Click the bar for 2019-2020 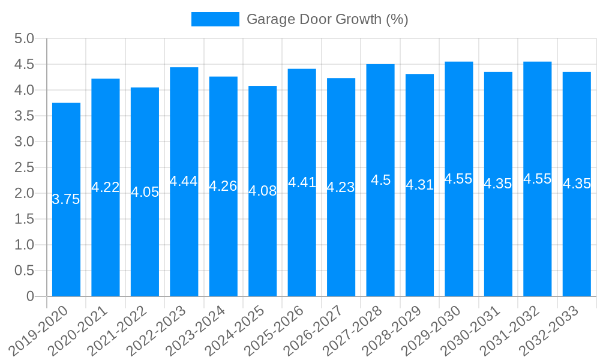tap(66, 240)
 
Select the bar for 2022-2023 tap(184, 240)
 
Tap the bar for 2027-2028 tap(380, 240)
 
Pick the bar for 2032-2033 tap(577, 240)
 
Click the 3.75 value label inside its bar tap(66, 200)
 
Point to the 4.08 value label tap(263, 191)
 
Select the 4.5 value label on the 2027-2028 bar tap(380, 180)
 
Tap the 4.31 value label tap(420, 185)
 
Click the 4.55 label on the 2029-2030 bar tap(458, 179)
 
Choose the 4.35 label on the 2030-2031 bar tap(498, 184)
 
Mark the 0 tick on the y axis tap(31, 296)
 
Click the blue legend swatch tap(215, 19)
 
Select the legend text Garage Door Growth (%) tap(327, 19)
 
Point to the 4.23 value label tap(341, 187)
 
